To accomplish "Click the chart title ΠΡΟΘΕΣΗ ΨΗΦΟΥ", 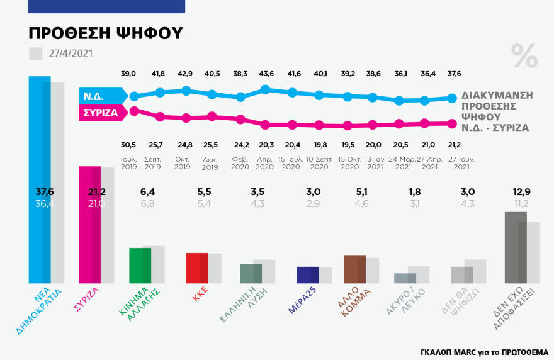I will point(106,33).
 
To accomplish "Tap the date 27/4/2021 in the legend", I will point(71,53).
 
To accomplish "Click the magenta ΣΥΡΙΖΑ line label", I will point(100,113).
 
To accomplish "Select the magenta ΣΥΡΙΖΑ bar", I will point(89,227).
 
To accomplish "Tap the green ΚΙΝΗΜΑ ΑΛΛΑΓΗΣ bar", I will point(140,265).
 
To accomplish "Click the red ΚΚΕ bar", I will point(197,267).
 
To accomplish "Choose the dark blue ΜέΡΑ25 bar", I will point(307,275).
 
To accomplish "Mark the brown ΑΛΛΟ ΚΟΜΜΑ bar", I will point(355,269).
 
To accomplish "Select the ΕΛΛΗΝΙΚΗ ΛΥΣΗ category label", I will point(239,305).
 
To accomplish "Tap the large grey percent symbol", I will point(524,57).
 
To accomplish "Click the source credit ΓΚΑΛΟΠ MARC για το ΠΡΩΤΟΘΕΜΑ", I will point(484,352).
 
